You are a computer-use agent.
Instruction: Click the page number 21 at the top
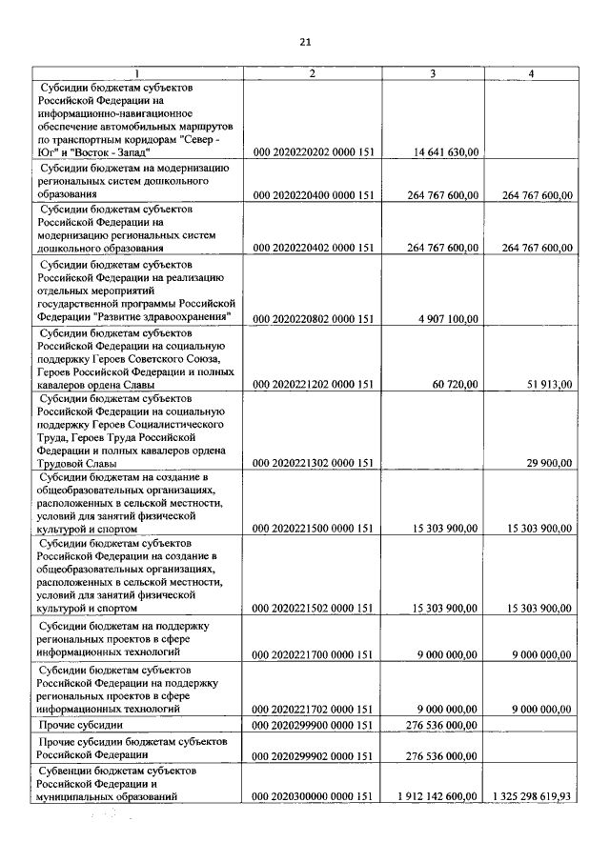[x=305, y=42]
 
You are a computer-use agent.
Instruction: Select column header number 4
[x=530, y=73]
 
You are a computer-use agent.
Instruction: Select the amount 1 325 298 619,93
[x=533, y=795]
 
